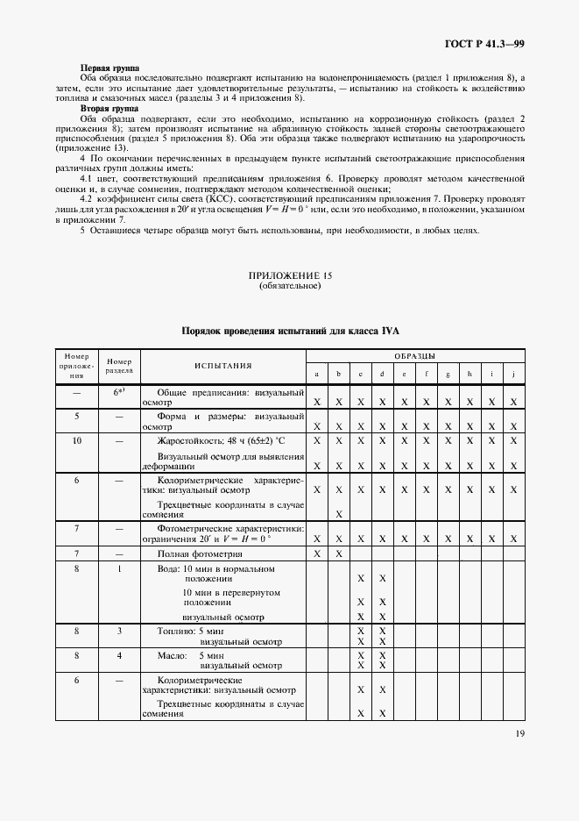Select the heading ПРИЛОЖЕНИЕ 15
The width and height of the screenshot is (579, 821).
[289, 276]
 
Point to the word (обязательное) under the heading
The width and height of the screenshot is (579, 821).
[289, 287]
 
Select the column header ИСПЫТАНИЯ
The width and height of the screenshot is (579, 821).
[223, 366]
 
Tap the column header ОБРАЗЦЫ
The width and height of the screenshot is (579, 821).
[414, 356]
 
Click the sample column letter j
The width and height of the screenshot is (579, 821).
[514, 375]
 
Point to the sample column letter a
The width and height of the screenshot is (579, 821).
[316, 375]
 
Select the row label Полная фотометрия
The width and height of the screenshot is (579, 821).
[199, 554]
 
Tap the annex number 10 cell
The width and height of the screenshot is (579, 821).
[77, 440]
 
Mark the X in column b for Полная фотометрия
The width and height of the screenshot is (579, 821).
[338, 554]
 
